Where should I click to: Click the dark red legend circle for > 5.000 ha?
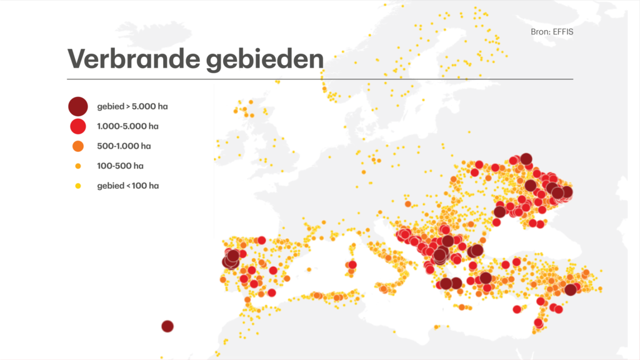click(x=77, y=106)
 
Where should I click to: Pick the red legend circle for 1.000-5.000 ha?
click(x=77, y=126)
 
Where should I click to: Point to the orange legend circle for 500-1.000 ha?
click(x=77, y=146)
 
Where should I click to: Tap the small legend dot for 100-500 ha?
click(x=77, y=166)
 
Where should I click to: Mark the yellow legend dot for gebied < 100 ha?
click(x=77, y=186)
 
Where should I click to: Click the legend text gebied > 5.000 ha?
click(x=132, y=106)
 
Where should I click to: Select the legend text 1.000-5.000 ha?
click(x=127, y=126)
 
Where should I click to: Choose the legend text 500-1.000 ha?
click(x=124, y=146)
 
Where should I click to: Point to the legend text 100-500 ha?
click(x=120, y=166)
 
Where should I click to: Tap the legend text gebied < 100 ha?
click(x=127, y=186)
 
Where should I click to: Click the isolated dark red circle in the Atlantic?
click(x=167, y=326)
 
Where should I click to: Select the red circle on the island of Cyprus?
click(x=517, y=309)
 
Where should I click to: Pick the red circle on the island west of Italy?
click(x=352, y=265)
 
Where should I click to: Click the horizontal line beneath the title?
click(x=319, y=79)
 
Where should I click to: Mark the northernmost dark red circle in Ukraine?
click(x=526, y=159)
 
